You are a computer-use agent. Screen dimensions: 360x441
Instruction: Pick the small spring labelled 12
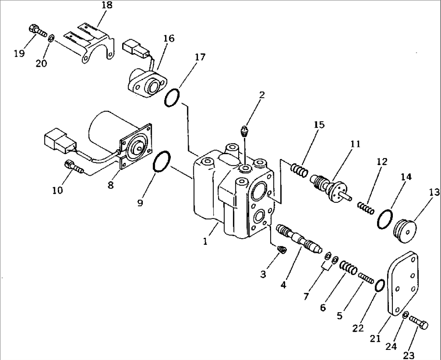[x=365, y=207]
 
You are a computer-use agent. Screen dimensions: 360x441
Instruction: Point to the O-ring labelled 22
[x=379, y=286]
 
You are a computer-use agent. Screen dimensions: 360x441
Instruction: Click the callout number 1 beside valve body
[x=206, y=241]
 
